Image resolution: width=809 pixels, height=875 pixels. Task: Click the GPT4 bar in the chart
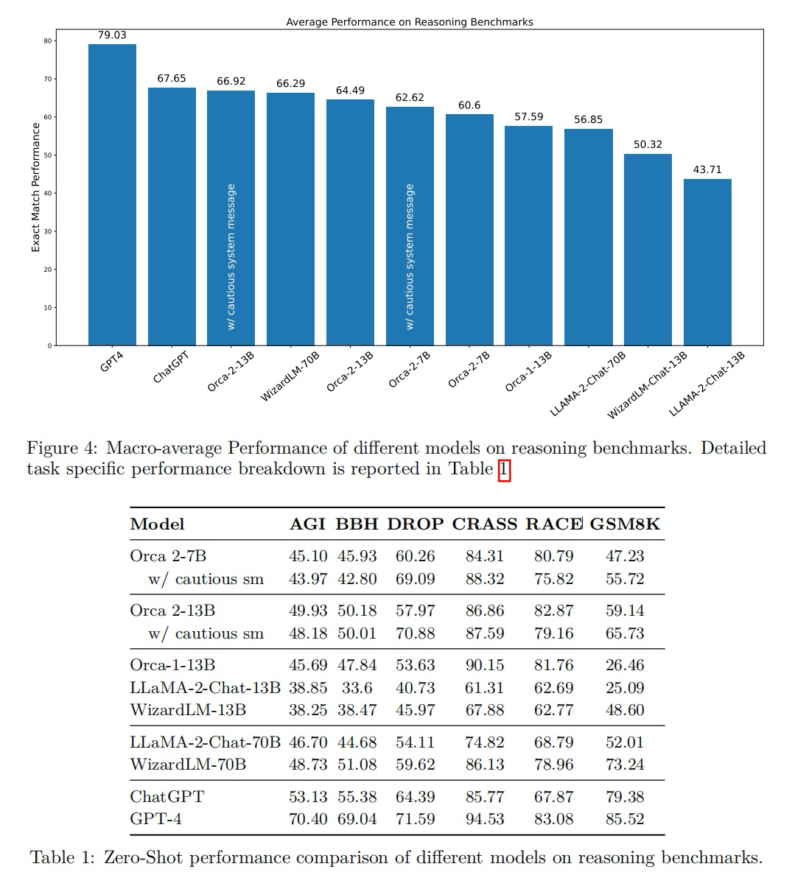112,195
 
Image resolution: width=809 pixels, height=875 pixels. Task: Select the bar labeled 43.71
707,262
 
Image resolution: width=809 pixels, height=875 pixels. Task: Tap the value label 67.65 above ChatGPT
172,78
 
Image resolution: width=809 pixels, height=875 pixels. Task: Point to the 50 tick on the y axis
48,155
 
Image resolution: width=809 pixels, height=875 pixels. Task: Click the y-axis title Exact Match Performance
35,187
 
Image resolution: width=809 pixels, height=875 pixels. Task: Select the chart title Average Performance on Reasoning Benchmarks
409,22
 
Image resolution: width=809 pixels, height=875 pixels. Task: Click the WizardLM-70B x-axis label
290,376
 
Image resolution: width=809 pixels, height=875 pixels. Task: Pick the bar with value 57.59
528,236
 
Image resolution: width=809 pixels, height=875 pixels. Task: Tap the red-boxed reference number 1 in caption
504,469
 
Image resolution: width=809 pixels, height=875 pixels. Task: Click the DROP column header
416,524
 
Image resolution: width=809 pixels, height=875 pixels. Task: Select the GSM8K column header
625,524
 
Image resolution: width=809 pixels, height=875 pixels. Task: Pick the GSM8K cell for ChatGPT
625,797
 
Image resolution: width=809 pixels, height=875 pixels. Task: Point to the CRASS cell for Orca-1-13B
485,665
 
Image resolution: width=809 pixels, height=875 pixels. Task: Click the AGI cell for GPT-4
308,819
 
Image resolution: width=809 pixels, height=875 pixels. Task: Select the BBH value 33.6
357,688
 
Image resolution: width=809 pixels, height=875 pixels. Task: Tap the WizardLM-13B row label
188,710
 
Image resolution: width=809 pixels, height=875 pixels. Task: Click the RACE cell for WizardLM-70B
553,765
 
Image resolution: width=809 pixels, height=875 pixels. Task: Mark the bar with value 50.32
648,250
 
